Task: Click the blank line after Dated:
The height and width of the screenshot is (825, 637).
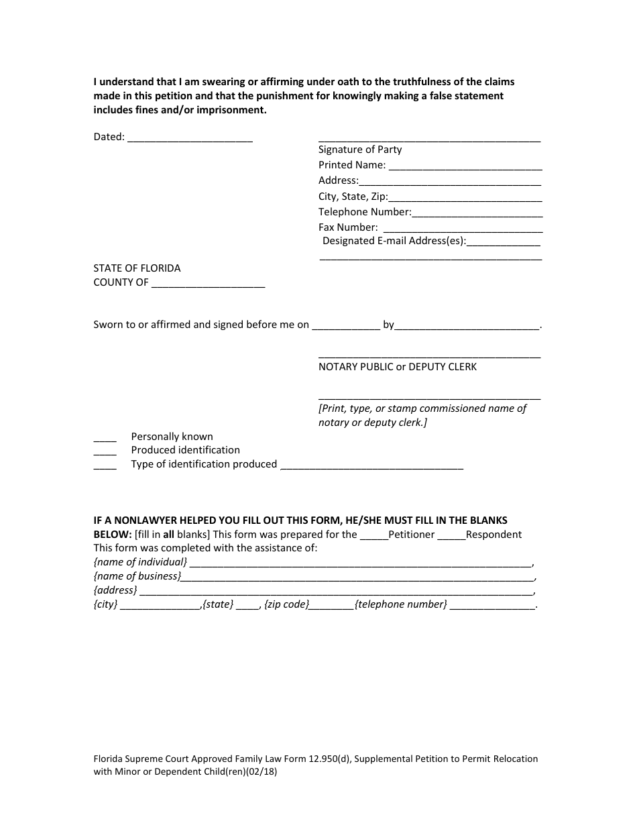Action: (x=190, y=137)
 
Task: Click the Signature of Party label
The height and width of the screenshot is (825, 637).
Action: (x=360, y=150)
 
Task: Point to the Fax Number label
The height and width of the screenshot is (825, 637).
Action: (x=348, y=227)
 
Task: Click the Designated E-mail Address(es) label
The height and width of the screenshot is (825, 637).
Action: (x=394, y=241)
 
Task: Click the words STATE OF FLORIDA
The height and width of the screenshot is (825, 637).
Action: (x=137, y=268)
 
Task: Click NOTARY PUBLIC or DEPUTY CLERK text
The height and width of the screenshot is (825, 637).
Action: (x=398, y=367)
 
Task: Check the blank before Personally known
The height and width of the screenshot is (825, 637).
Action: (x=105, y=437)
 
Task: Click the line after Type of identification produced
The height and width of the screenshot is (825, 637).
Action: (x=371, y=465)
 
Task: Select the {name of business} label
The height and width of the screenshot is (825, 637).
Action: (x=137, y=576)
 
